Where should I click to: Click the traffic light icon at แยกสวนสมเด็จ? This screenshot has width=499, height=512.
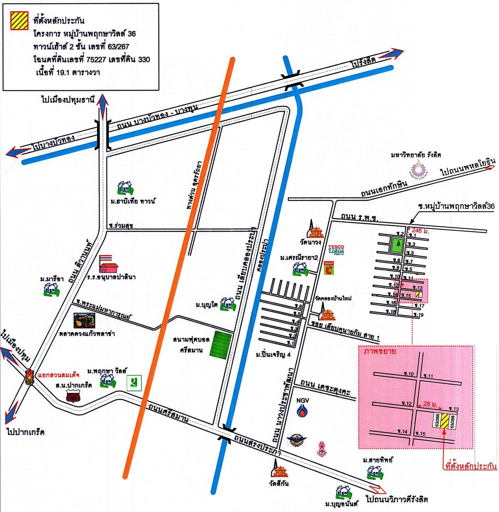point(30,377)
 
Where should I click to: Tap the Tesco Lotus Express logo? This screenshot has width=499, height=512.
point(336,250)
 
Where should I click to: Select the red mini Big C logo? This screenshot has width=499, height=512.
point(330,268)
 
